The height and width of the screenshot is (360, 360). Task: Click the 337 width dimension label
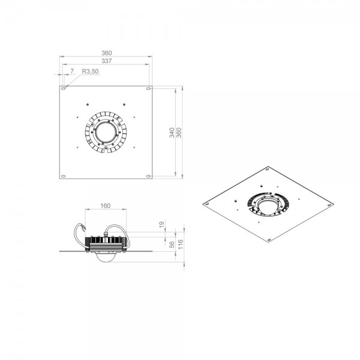click(107, 61)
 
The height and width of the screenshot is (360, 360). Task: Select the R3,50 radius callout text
click(90, 71)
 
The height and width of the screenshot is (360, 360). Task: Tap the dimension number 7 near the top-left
click(72, 71)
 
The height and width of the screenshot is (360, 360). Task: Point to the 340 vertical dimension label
click(172, 133)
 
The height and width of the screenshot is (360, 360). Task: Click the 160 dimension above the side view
click(106, 206)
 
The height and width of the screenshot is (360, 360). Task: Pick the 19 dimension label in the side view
click(162, 224)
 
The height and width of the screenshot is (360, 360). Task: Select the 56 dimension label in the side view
click(172, 245)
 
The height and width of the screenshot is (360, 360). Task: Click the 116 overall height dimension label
click(180, 244)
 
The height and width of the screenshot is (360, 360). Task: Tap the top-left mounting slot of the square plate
click(64, 88)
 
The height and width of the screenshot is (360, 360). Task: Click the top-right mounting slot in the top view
click(149, 88)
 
